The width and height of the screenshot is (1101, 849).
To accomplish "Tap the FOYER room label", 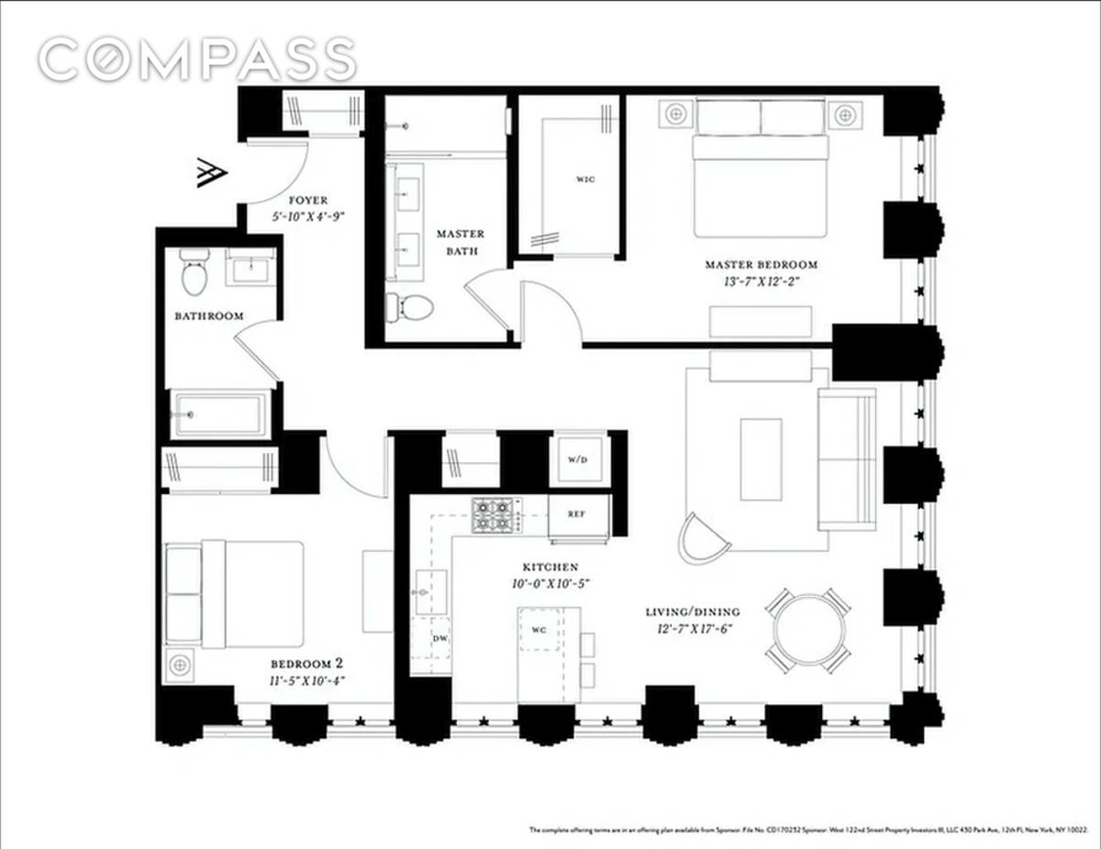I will pos(307,200).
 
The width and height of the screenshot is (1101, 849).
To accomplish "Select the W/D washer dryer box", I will pos(575,459).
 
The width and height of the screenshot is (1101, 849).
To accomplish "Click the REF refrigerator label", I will pos(576,514).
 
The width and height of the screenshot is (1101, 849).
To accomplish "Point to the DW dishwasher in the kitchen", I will pos(440,638).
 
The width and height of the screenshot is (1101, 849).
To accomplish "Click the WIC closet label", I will pos(586,179).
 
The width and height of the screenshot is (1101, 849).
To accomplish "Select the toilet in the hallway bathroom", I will pos(194,273).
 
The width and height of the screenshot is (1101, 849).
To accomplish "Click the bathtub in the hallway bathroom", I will pos(220,414).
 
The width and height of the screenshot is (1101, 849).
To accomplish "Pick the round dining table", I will pos(808,630).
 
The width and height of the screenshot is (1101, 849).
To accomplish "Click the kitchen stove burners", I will pos(495,515).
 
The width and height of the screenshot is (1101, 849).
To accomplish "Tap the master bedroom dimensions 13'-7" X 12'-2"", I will pos(761,281).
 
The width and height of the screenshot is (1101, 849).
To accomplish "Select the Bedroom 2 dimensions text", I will pos(307,680).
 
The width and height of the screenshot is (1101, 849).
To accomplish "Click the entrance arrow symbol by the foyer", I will pos(212,173).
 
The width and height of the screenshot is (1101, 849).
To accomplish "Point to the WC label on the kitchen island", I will pos(539,629).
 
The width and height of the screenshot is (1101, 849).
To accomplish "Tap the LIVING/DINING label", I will pos(693,612).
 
